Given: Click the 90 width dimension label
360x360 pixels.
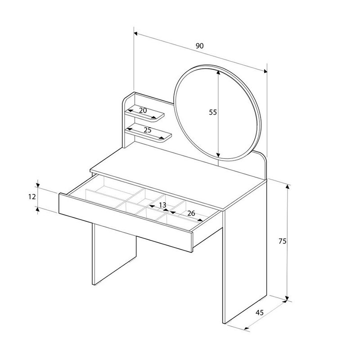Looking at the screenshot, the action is pos(199,46).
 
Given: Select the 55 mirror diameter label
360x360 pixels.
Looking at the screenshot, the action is pos(213,112).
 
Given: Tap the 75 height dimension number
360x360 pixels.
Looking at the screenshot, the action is pos(283,241).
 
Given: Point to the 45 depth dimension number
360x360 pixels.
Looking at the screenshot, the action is pos(260,312).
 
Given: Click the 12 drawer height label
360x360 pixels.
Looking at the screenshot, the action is pos(32,197).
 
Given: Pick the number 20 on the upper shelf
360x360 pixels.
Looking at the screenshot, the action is pos(143,110).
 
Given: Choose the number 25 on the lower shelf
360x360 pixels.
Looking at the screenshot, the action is pos(148,130).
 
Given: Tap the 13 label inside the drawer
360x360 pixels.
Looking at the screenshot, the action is pos(162,205).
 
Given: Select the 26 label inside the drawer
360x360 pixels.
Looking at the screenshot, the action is pos(191,213).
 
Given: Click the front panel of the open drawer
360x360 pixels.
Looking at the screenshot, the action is pos(126,223).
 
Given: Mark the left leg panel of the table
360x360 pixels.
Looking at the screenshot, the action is pos(114,254).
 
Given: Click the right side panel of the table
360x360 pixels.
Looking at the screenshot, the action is pos(245,252).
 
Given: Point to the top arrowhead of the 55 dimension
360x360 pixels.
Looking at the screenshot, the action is pos(218,72).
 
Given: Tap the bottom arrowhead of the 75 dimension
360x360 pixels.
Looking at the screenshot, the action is pos(287,298).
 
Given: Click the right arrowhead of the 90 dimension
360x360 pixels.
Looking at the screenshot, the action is pos(265,72).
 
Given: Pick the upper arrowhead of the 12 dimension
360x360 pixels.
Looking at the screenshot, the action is pos(38,185).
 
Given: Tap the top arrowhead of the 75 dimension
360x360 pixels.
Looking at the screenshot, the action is pos(287,187).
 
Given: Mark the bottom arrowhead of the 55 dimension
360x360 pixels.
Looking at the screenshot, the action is pos(218,155).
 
